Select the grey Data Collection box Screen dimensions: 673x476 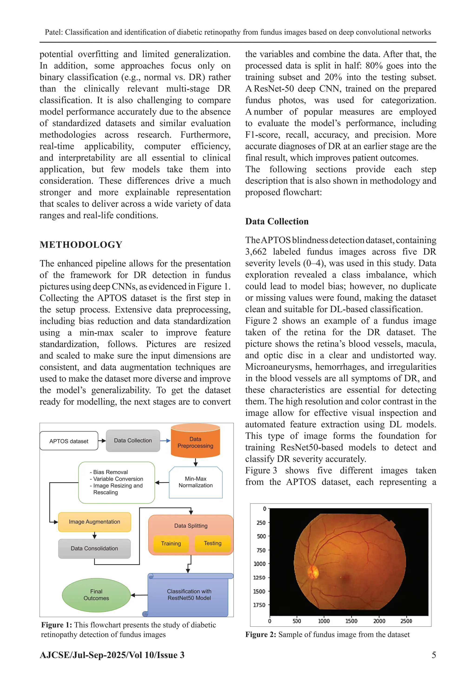[x=133, y=441]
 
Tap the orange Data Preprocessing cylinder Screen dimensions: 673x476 [x=195, y=443]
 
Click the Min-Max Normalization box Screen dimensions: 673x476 [x=195, y=482]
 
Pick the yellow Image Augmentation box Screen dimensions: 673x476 [x=94, y=522]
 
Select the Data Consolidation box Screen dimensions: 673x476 [x=94, y=548]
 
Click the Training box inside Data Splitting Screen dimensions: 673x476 [x=171, y=544]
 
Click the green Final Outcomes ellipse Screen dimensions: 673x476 [x=96, y=595]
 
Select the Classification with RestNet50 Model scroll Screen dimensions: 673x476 [x=189, y=595]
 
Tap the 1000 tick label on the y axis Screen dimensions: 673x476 [x=259, y=564]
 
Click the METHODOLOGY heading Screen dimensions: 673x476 [x=81, y=245]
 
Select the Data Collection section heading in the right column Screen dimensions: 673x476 [x=277, y=221]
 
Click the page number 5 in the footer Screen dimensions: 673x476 [x=434, y=655]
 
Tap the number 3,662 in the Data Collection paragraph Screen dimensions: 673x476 [x=256, y=252]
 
